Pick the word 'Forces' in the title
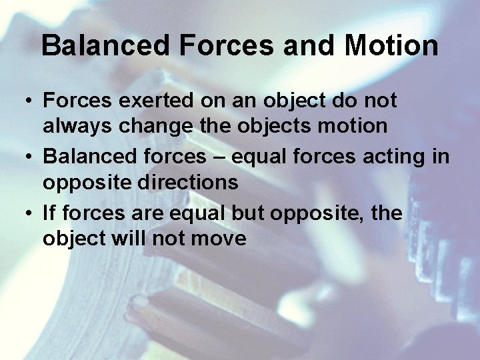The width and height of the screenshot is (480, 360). (229, 46)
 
